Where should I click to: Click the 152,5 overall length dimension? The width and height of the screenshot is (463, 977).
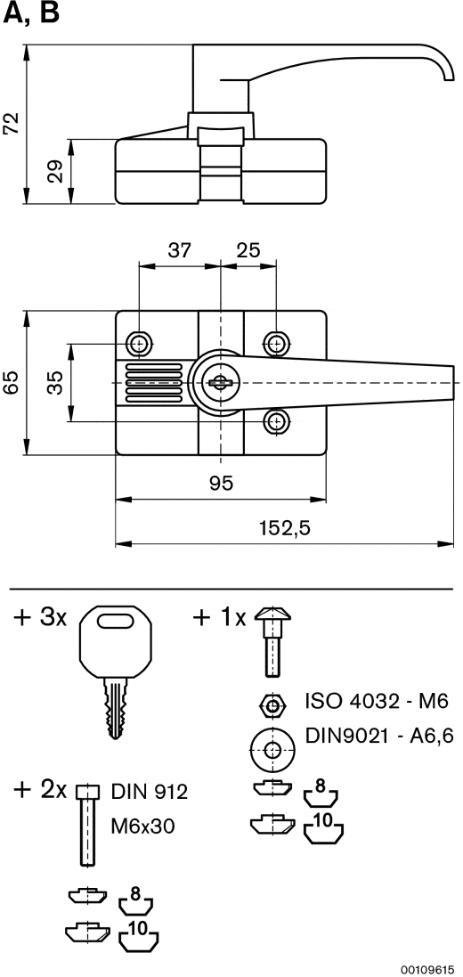[285, 528]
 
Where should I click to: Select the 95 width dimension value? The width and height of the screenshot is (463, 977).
[222, 483]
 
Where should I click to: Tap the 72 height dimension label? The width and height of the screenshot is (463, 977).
[12, 124]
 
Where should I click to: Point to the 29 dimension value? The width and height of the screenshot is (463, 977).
[57, 171]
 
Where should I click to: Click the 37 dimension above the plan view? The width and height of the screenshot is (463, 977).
[180, 250]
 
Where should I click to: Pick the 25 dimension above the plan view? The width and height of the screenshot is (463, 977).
[248, 250]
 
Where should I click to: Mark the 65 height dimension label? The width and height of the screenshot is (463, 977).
[12, 383]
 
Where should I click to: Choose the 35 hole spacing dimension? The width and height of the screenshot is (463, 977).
[56, 383]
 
